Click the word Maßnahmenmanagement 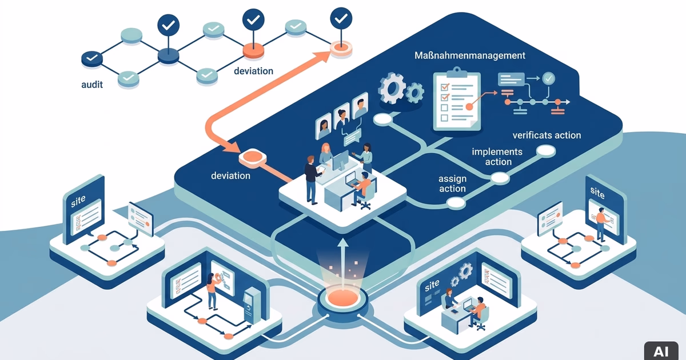470,55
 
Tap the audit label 92,85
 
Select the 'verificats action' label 547,135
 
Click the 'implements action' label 497,157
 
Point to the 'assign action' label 452,183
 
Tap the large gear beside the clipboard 392,88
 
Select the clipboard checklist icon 457,99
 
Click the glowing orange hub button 342,297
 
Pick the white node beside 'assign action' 456,203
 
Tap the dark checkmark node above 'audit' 92,58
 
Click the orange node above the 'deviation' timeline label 253,50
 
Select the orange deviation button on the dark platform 252,158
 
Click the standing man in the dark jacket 312,179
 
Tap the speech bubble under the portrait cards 353,137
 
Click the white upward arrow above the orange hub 343,263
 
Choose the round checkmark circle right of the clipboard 548,78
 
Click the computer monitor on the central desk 341,161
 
